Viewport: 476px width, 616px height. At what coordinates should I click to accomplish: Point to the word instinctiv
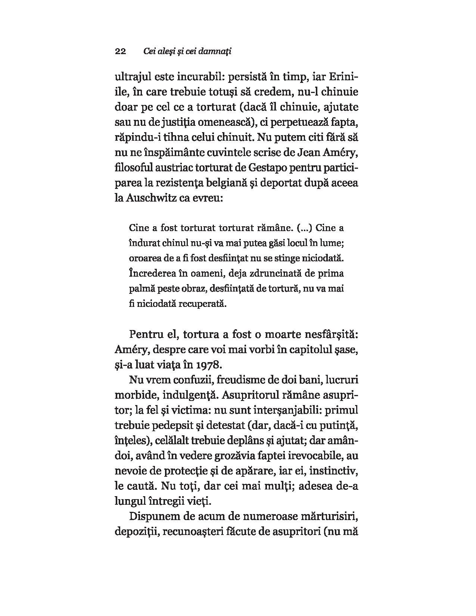[334, 470]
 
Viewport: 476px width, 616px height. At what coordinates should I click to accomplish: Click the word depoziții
[137, 531]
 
